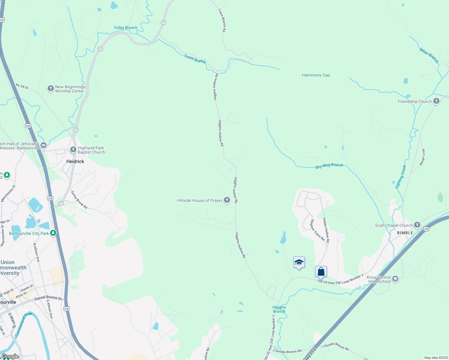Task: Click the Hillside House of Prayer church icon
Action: click(227, 200)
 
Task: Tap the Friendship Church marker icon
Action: click(436, 101)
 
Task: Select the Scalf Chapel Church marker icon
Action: click(417, 225)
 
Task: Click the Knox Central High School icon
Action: click(395, 279)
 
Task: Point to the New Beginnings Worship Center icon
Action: click(50, 88)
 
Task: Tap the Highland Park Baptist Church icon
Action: click(73, 149)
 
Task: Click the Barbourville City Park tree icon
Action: click(53, 233)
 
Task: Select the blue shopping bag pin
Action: click(321, 272)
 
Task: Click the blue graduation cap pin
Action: click(299, 262)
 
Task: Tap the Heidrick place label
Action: click(75, 161)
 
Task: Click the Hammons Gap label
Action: click(316, 75)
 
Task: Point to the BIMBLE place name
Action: click(405, 233)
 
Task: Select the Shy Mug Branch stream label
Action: click(329, 166)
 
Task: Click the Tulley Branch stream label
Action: click(125, 28)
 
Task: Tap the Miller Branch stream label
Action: click(429, 55)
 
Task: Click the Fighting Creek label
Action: click(401, 177)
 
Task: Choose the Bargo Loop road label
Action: click(422, 157)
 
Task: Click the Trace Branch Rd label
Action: click(222, 20)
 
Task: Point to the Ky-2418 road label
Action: click(22, 86)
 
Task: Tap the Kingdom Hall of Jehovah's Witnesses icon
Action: click(44, 145)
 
